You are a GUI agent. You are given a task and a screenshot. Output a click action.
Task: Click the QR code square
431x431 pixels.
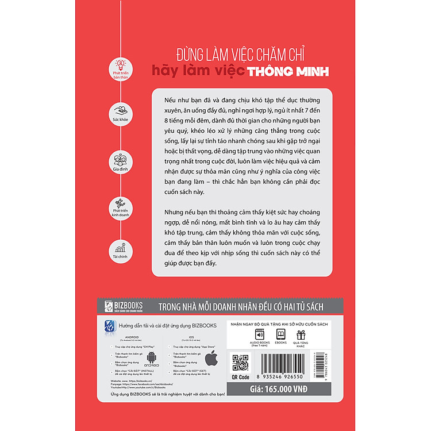[x=240, y=363]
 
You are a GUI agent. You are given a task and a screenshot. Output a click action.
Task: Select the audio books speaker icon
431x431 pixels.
[x=259, y=335]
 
